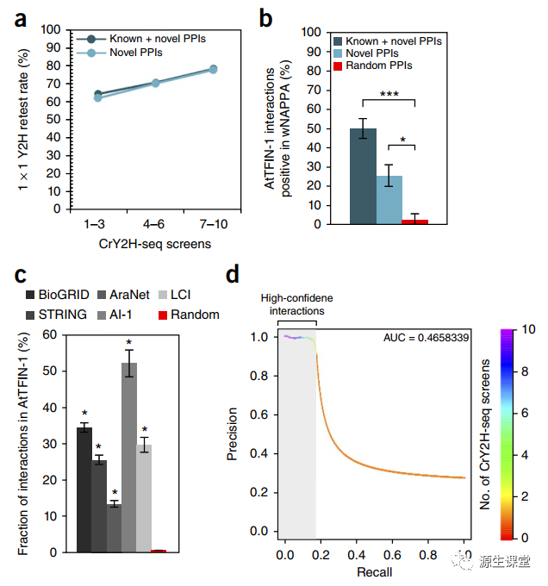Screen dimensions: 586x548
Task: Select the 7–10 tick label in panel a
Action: click(x=213, y=224)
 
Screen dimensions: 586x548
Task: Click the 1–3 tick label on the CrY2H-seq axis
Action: click(x=96, y=224)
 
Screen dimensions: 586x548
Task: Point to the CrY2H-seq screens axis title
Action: click(x=154, y=244)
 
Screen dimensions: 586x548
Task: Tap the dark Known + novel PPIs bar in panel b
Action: click(x=363, y=176)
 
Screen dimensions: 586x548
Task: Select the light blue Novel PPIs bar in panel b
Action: click(x=389, y=199)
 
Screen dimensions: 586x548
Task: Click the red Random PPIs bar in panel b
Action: click(x=414, y=221)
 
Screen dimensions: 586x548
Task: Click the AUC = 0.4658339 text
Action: click(x=427, y=338)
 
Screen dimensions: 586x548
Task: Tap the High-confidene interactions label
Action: click(x=296, y=303)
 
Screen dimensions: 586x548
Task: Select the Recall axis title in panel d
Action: click(x=373, y=572)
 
